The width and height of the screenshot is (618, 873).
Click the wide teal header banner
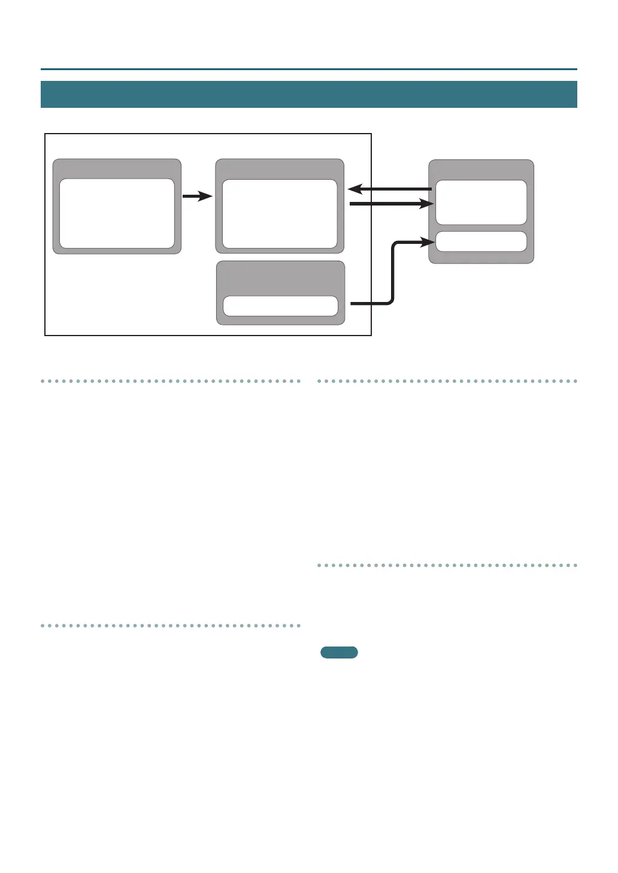308,94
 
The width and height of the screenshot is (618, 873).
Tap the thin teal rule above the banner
308,70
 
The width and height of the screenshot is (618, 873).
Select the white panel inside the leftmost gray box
117,213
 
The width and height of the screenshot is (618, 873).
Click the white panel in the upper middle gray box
280,214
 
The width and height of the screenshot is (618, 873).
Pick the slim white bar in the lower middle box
280,306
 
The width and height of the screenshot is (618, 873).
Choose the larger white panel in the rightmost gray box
481,203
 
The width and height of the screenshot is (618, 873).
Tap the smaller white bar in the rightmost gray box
481,241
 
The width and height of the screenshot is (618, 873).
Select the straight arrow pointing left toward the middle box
389,189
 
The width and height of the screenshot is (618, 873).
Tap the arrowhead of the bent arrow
428,241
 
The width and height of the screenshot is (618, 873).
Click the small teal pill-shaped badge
339,653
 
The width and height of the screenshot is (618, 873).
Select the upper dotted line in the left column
171,381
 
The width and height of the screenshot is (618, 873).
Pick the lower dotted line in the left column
171,626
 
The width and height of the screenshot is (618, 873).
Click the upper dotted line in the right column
447,381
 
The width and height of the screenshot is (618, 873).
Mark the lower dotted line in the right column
447,565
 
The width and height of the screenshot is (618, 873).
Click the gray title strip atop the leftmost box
117,168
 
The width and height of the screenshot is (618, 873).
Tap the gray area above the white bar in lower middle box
280,278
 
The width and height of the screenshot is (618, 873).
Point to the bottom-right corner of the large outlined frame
371,335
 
